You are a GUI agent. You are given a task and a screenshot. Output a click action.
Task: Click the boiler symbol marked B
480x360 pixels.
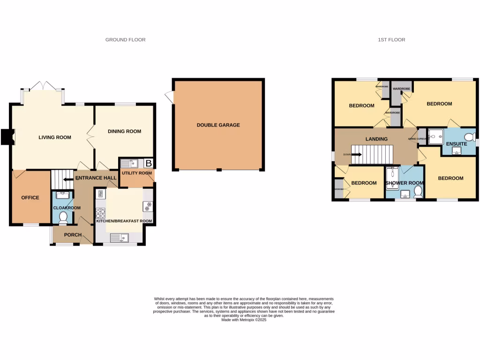tap(149, 164)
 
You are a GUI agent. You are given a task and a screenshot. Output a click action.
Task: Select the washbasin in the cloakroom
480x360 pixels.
tap(62, 195)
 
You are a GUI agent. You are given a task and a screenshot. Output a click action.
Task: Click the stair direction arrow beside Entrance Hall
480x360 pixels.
tap(68, 179)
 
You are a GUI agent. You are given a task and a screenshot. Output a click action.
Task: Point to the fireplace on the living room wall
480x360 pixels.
tap(6, 137)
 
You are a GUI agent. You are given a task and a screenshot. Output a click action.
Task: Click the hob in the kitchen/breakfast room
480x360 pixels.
tap(101, 213)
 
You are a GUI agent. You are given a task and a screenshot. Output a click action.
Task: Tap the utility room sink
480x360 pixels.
tap(127, 164)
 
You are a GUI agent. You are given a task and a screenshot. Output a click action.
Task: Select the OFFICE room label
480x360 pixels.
tap(30, 197)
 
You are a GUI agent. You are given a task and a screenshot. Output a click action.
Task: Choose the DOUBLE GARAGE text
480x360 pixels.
tap(218, 125)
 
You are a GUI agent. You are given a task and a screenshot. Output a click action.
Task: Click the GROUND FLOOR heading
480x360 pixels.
tap(125, 40)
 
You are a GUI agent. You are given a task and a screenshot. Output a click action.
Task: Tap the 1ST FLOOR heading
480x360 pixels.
tap(391, 40)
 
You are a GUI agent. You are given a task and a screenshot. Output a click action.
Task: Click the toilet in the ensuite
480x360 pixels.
tap(471, 137)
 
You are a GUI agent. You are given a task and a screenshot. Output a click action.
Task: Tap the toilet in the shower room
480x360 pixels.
tap(418, 192)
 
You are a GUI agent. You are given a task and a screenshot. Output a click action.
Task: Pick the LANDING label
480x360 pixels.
tap(376, 139)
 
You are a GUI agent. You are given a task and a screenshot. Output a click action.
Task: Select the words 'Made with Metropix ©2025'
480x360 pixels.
tap(243, 320)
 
